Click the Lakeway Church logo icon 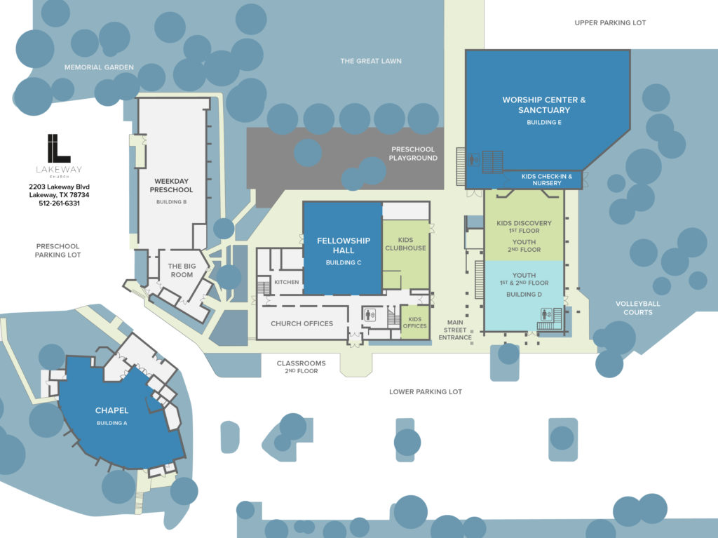tap(59, 148)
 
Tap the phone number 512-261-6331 tap(59, 203)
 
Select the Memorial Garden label tap(99, 67)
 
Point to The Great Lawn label tap(371, 61)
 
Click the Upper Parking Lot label tap(610, 22)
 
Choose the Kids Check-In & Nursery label tap(547, 180)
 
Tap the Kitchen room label tap(287, 282)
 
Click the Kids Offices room tap(415, 323)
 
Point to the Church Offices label tap(302, 323)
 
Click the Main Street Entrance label tap(454, 330)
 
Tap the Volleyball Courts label tap(638, 308)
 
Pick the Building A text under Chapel tap(111, 423)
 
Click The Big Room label tap(182, 270)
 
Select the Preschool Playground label tap(413, 154)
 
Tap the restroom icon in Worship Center tap(474, 160)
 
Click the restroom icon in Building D tap(546, 314)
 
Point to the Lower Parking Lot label tap(426, 392)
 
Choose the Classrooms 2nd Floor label tap(302, 367)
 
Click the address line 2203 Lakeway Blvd tap(59, 187)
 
